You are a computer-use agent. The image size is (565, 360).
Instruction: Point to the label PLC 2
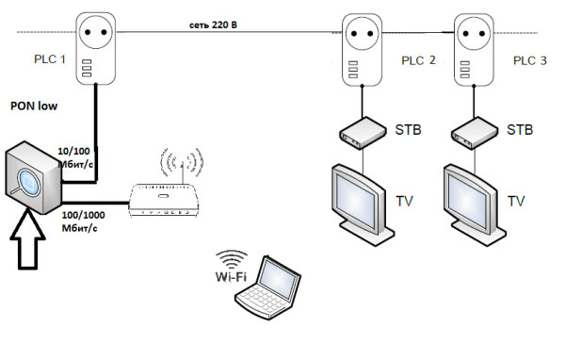[419, 61]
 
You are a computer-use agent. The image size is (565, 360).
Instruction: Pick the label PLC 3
[529, 61]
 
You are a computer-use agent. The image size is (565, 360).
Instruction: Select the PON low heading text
[33, 106]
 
